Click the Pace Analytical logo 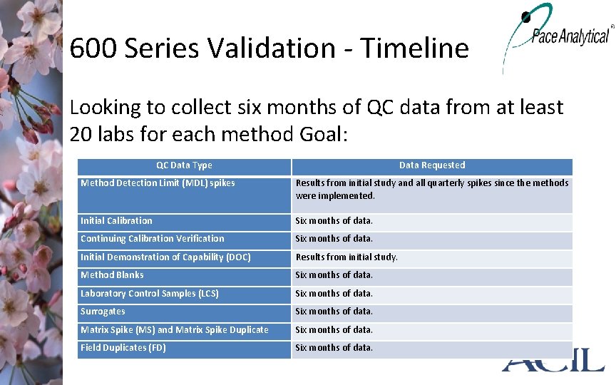coord(559,34)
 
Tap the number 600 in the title coord(93,48)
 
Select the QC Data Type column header coord(184,165)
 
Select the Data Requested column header coord(432,165)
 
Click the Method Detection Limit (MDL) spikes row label coord(158,183)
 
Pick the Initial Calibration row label coord(116,221)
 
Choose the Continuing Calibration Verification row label coord(152,239)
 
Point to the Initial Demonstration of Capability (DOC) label coord(165,257)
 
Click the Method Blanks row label coord(112,275)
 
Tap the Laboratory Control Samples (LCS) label coord(150,294)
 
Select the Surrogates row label coord(103,312)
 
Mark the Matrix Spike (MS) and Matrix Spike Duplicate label coord(175,330)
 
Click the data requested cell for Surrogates coord(334,312)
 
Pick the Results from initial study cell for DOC coord(347,257)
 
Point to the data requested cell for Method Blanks coord(334,275)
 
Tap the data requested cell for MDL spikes coord(431,189)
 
